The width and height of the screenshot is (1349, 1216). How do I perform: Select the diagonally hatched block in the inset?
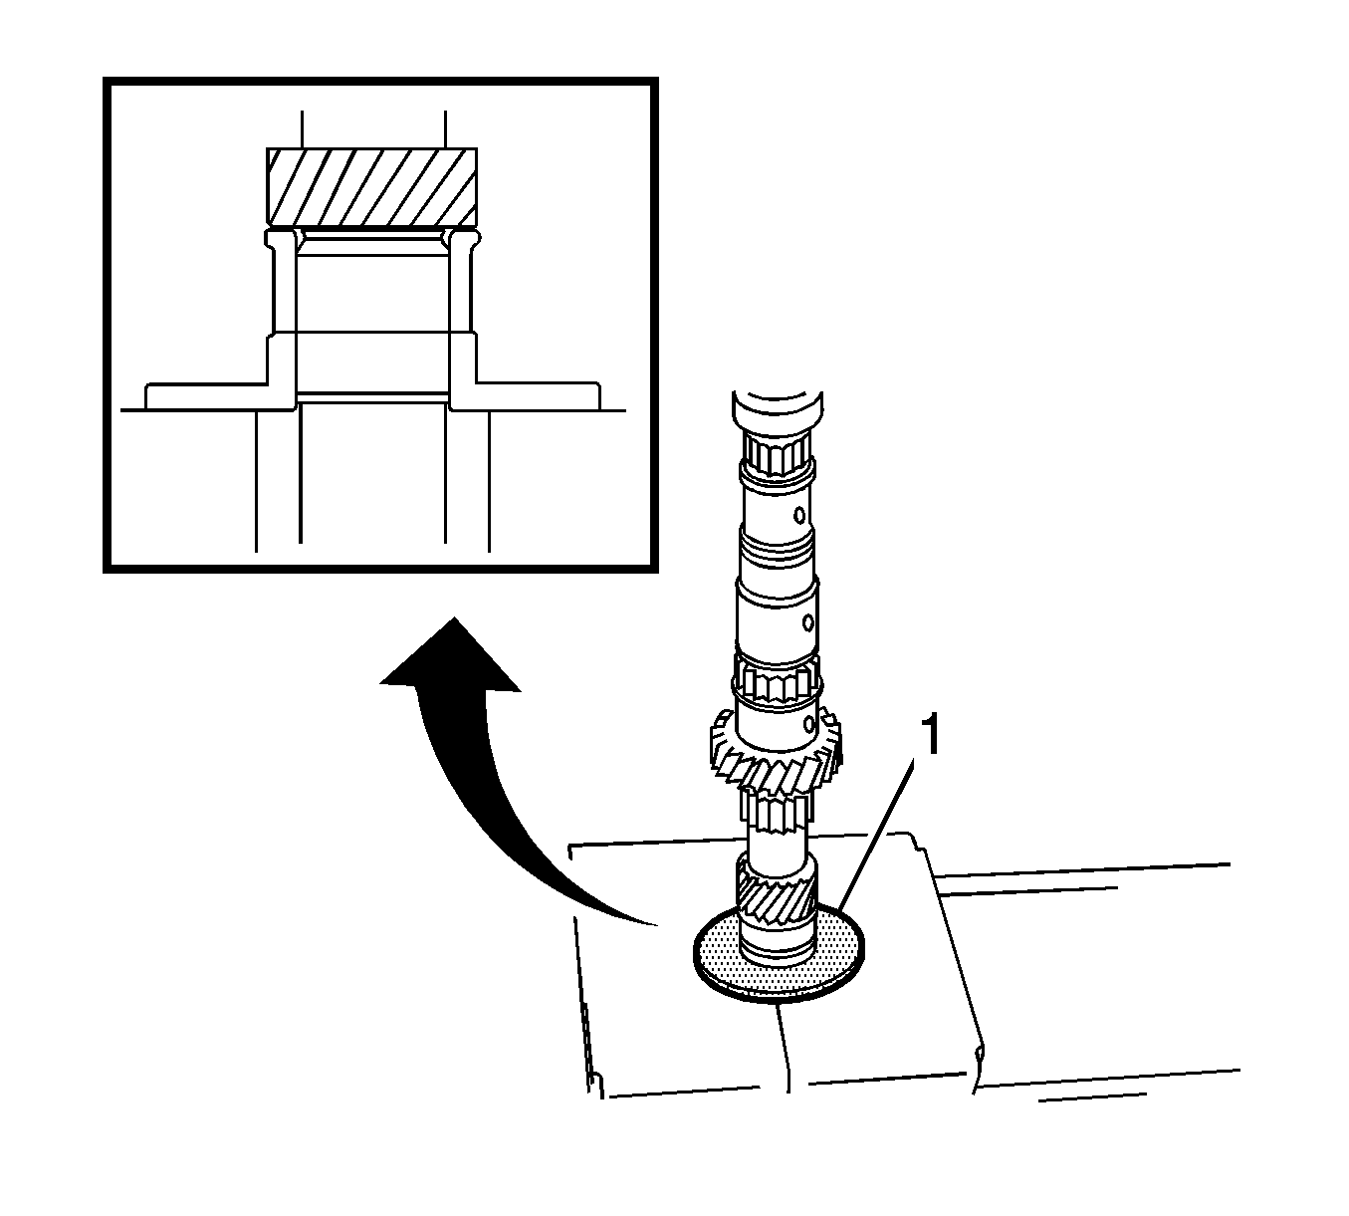click(371, 186)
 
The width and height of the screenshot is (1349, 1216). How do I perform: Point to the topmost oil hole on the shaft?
click(797, 516)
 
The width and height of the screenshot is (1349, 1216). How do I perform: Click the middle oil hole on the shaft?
click(808, 622)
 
